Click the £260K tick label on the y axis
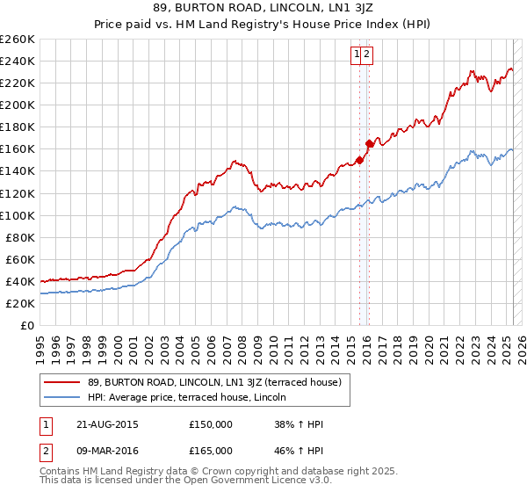18,40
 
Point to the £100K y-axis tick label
18,215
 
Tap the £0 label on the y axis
25,325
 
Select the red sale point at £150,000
359,160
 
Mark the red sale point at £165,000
368,143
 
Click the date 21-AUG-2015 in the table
107,424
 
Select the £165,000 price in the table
211,451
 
